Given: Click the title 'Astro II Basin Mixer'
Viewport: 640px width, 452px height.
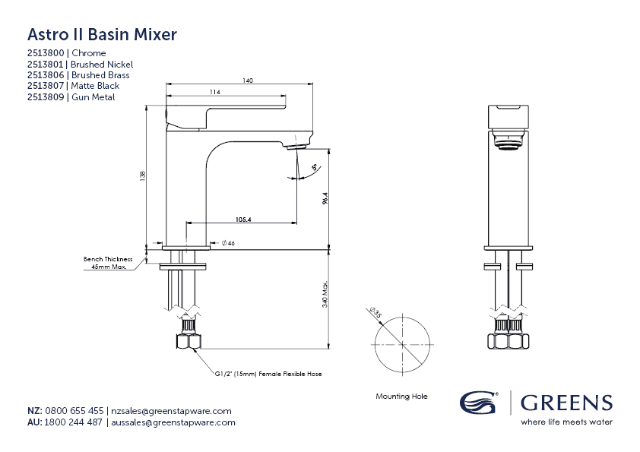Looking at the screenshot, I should point(102,34).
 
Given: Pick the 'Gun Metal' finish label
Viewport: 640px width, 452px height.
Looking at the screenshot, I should point(93,97).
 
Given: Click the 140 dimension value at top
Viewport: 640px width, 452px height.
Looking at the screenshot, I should point(248,81).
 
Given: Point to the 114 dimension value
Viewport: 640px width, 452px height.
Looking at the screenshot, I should point(215,92).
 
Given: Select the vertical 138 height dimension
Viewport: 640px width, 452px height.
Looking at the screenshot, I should point(142,175).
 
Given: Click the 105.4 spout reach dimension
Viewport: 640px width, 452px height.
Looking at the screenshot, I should point(243,220).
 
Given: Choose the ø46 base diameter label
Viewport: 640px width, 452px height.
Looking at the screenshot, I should point(228,243).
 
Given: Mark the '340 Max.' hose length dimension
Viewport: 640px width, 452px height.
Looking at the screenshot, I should point(325,296).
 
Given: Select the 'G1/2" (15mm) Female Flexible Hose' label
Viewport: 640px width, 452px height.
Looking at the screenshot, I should point(257,375).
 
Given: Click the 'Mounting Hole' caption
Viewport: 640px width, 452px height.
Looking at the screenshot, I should point(401,397).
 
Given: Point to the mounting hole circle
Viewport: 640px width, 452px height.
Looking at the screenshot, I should point(402,345).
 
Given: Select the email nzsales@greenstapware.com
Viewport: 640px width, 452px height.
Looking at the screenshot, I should point(172,410).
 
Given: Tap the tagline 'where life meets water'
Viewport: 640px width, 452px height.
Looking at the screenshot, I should point(566,422).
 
